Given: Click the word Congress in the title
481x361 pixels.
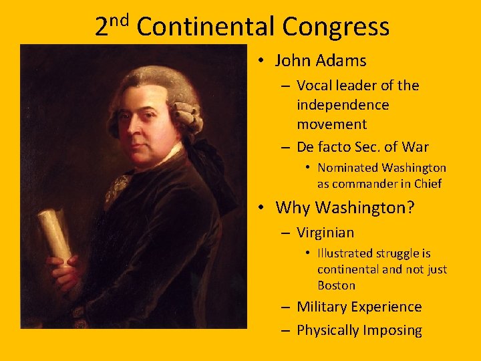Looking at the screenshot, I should pos(335,27).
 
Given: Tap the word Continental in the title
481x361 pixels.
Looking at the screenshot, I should pos(206,27).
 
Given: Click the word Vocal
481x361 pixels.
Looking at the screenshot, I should pos(315,86).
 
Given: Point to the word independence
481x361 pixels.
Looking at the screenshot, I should pos(343,105).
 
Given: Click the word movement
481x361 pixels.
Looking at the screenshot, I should pos(331,124).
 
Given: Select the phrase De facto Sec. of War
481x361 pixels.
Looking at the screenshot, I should pos(362,147).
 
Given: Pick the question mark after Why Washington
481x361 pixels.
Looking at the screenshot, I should pos(410,208).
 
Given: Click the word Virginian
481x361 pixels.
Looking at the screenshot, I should pos(325,233).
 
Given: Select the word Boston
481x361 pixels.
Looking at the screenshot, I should pos(336,285).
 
